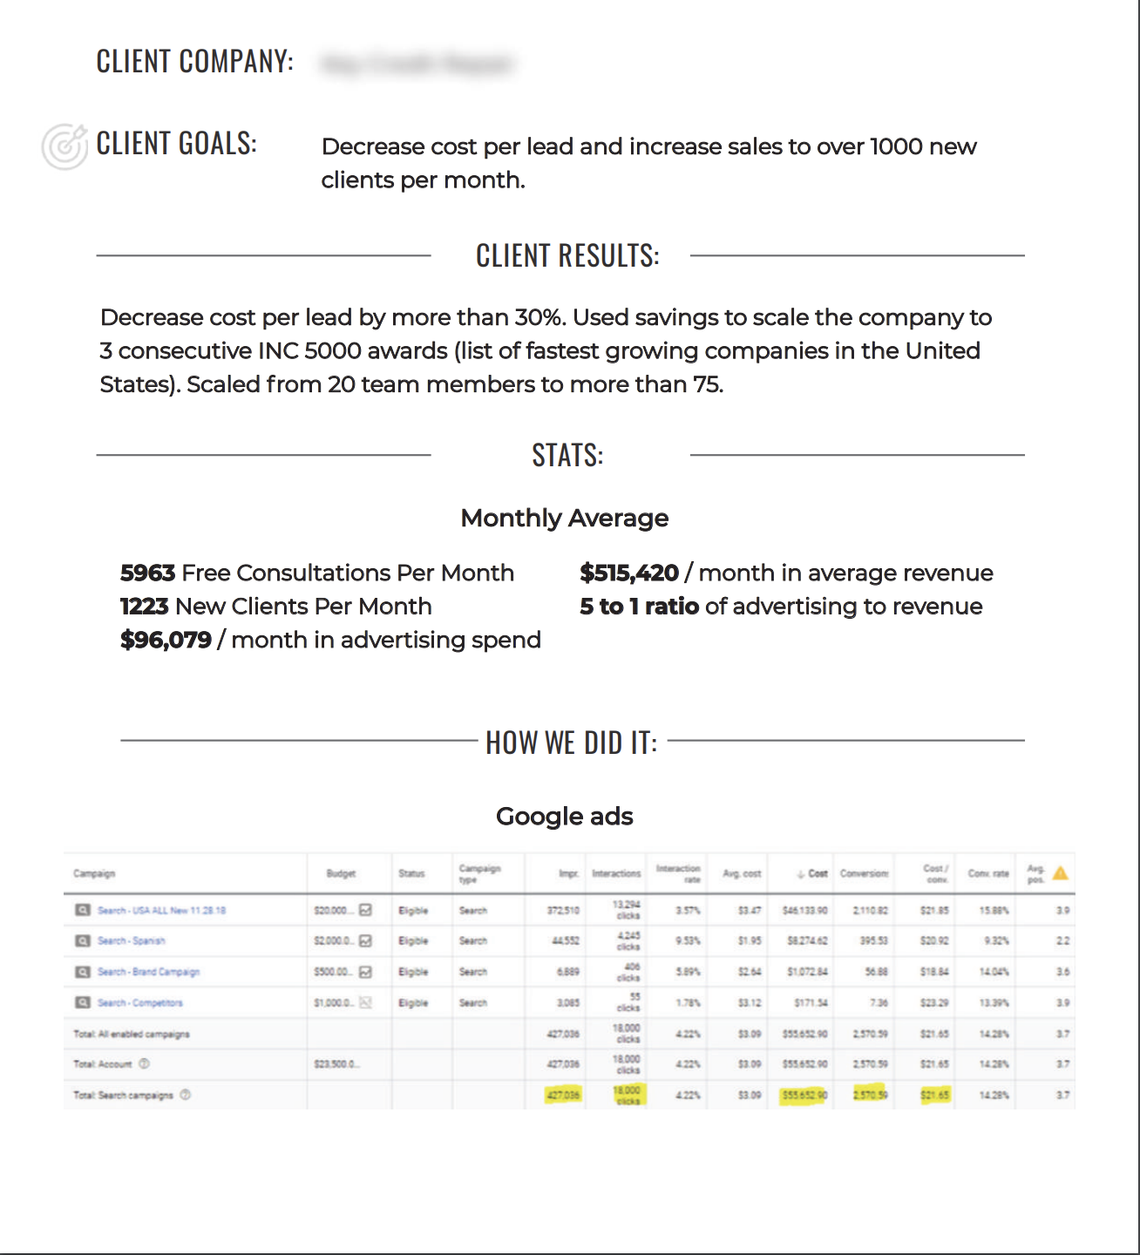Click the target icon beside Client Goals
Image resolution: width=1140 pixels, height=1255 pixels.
(x=64, y=146)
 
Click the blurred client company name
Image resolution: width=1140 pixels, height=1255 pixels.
(x=417, y=64)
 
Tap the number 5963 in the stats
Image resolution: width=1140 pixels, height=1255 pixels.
(x=148, y=573)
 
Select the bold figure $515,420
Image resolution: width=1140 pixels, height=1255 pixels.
(x=628, y=573)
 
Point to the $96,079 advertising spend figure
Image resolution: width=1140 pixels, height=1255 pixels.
(x=166, y=640)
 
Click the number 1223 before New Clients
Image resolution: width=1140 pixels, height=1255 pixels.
(x=144, y=607)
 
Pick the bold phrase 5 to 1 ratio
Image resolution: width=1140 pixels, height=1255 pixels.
(x=639, y=607)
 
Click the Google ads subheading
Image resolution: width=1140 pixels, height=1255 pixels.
(x=564, y=817)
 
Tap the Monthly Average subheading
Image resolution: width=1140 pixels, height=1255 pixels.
(x=564, y=519)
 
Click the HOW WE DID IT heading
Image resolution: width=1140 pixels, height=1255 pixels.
(x=571, y=743)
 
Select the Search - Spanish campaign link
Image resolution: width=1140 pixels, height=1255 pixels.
(x=131, y=941)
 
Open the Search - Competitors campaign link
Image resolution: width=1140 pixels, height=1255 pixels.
(x=139, y=1003)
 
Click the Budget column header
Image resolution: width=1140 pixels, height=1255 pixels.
(x=341, y=873)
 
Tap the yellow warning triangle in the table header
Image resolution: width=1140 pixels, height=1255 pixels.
(x=1061, y=872)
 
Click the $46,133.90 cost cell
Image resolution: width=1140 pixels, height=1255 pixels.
(x=804, y=911)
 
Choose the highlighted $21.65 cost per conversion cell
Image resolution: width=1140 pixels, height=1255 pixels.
(x=934, y=1095)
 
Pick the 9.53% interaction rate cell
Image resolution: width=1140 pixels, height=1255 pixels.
(x=688, y=941)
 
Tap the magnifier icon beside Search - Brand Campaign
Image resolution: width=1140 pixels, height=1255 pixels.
(x=83, y=972)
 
